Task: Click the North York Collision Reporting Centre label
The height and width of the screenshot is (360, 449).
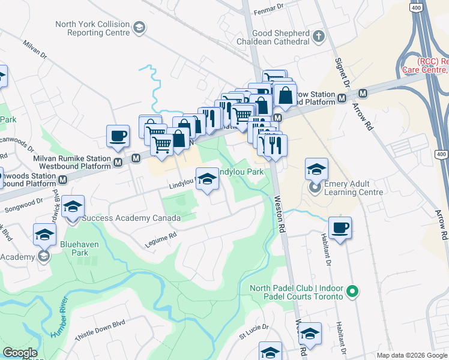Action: click(92, 28)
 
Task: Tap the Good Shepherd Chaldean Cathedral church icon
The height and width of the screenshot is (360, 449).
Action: click(318, 38)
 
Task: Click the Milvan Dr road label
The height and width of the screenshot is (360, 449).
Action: click(35, 49)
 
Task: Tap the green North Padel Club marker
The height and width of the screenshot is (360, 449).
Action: click(353, 292)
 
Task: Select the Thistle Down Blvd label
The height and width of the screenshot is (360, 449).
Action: click(100, 331)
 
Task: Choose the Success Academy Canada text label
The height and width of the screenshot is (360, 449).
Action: click(131, 218)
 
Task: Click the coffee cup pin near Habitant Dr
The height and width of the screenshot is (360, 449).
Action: click(340, 228)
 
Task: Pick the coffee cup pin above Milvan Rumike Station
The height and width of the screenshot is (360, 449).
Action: click(118, 136)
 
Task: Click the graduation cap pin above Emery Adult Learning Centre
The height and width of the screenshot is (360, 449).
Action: click(316, 170)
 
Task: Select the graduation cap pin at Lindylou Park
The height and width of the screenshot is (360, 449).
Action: click(207, 179)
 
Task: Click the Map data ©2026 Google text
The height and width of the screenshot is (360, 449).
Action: click(412, 355)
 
